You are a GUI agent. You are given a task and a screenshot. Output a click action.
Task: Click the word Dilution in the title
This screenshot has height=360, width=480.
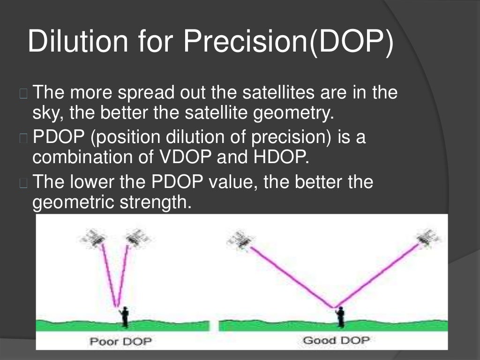[x=77, y=41]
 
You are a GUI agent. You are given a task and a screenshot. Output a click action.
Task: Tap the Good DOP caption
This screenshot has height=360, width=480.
[x=336, y=340]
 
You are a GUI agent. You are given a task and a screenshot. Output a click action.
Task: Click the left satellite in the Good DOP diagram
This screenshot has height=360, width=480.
[x=240, y=240]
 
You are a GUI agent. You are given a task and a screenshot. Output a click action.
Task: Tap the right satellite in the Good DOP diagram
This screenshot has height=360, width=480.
[x=428, y=238]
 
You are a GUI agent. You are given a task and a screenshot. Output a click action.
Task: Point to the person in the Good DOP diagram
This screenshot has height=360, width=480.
[x=340, y=316]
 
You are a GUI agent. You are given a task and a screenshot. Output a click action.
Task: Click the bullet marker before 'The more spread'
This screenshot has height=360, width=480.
[x=24, y=94]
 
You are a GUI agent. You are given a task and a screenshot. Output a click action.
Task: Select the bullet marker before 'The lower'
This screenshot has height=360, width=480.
[x=24, y=183]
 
